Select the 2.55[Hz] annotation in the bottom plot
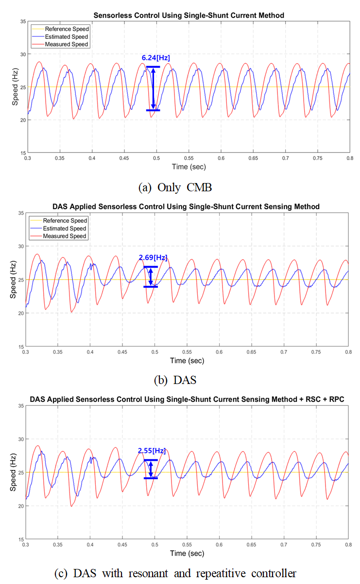152,451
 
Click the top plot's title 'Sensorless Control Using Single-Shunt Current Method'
187,16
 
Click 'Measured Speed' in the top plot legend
70,44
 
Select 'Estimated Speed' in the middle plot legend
71,228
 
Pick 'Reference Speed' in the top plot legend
71,29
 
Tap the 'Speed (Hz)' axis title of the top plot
15,87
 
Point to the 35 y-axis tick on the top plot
21,22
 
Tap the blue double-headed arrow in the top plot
153,88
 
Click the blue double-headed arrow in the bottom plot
151,469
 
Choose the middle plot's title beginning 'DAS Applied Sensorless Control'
186,207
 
